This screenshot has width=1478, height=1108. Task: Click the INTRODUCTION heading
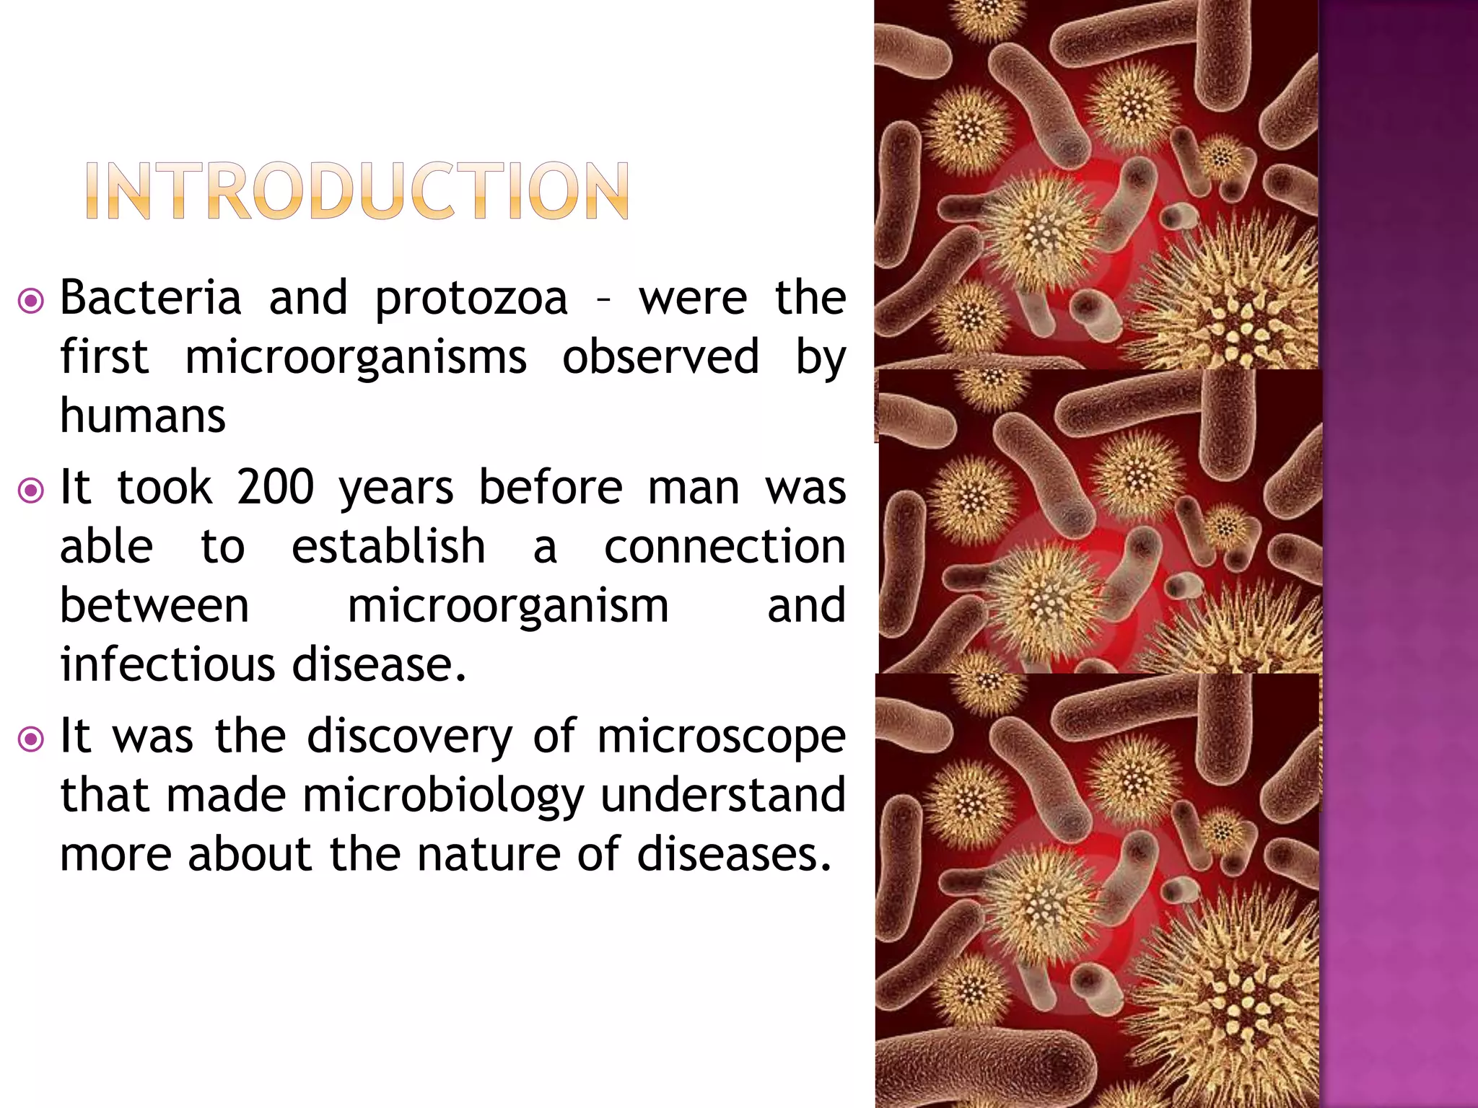pyautogui.click(x=357, y=190)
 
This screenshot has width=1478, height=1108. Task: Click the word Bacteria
pyautogui.click(x=150, y=297)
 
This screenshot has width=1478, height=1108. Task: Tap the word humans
pyautogui.click(x=143, y=416)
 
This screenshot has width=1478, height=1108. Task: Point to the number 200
pyautogui.click(x=275, y=487)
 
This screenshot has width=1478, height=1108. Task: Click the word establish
pyautogui.click(x=388, y=546)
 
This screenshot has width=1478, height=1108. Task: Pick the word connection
pyautogui.click(x=724, y=546)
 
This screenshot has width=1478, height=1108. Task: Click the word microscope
pyautogui.click(x=721, y=737)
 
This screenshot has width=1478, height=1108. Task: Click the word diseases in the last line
pyautogui.click(x=734, y=854)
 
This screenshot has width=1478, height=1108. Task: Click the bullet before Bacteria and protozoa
pyautogui.click(x=31, y=302)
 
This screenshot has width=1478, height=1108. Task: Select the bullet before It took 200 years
pyautogui.click(x=31, y=491)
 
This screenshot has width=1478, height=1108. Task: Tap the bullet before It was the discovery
pyautogui.click(x=31, y=739)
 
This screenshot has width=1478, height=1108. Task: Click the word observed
pyautogui.click(x=660, y=356)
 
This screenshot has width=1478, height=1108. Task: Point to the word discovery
pyautogui.click(x=409, y=737)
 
